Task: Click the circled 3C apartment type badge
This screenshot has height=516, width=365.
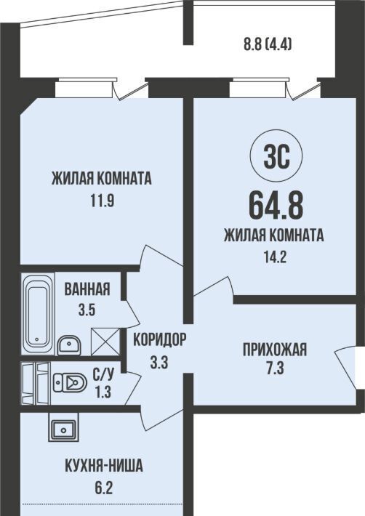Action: click(276, 158)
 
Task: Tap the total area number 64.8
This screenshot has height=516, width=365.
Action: click(276, 206)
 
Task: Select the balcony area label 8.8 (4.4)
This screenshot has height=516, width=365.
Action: click(268, 44)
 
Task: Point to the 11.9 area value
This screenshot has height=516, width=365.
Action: click(103, 201)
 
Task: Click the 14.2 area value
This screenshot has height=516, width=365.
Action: click(275, 257)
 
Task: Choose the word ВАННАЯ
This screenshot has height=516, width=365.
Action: click(87, 289)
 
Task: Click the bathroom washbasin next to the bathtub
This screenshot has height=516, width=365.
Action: click(68, 345)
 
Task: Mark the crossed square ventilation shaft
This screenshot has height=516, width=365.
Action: click(105, 342)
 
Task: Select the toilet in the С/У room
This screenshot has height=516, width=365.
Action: click(70, 382)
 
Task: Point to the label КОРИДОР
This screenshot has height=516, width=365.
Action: click(160, 340)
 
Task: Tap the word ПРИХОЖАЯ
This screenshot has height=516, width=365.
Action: click(275, 350)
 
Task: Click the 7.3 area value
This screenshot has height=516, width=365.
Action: click(275, 369)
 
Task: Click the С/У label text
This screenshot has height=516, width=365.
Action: click(103, 374)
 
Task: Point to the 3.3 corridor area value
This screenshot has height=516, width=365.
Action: click(159, 363)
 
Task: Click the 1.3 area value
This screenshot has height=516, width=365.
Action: click(103, 392)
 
